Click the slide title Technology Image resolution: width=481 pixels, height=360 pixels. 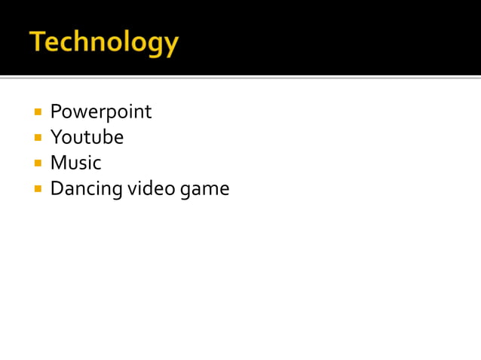104,42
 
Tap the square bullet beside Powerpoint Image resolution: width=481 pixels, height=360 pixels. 38,112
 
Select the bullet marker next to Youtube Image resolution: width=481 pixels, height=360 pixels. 38,138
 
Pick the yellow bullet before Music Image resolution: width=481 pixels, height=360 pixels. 38,163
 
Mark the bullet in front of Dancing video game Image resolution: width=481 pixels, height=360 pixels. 38,189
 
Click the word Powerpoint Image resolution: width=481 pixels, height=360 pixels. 100,112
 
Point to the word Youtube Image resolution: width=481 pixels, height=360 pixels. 87,138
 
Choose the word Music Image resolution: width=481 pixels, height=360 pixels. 75,163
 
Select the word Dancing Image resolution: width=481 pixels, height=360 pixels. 86,189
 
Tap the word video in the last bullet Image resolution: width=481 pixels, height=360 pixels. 152,188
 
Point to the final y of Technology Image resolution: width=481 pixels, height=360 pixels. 171,45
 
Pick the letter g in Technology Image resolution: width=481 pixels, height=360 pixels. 156,45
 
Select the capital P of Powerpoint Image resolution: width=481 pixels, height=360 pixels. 55,112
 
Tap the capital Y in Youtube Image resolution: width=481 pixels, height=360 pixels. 56,138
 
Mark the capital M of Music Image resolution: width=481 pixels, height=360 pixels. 57,163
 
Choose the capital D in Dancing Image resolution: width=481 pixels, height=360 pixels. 56,188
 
